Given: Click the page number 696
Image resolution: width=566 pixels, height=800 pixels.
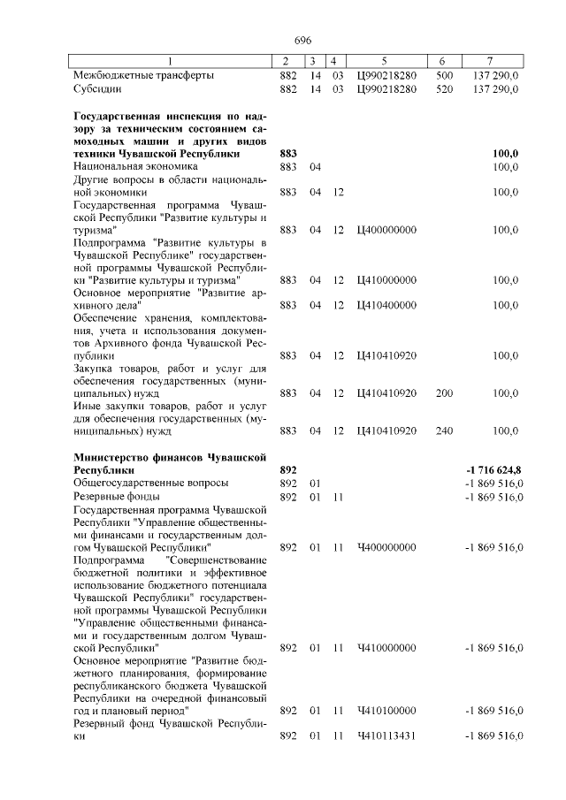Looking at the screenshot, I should pyautogui.click(x=302, y=41).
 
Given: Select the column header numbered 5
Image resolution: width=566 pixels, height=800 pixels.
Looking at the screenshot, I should pyautogui.click(x=385, y=61).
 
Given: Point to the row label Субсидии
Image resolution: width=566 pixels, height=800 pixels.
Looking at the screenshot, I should pyautogui.click(x=97, y=89).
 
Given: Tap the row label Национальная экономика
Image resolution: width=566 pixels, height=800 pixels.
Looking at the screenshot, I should pyautogui.click(x=136, y=166).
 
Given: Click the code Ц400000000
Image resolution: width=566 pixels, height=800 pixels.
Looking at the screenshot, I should pyautogui.click(x=386, y=230).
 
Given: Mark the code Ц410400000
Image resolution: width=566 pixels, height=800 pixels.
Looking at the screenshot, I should pyautogui.click(x=386, y=305).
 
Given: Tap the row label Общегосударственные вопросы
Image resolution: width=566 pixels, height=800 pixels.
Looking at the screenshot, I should pyautogui.click(x=150, y=484).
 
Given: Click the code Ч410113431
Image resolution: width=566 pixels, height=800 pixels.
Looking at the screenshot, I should pyautogui.click(x=386, y=736).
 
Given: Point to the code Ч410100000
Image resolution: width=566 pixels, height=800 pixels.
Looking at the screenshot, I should pyautogui.click(x=386, y=710).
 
